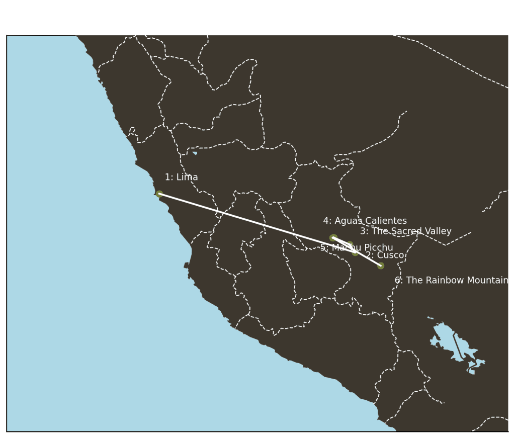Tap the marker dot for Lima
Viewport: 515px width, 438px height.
tap(159, 194)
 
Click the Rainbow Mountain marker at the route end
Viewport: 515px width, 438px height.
tap(381, 266)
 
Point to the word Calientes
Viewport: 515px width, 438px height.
tap(386, 221)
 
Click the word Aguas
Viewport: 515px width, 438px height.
tap(348, 221)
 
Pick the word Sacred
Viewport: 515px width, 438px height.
tap(406, 232)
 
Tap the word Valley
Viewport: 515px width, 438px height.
tap(438, 232)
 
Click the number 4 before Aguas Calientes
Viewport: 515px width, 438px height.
tap(326, 221)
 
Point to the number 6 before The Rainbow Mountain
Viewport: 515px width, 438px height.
tap(397, 281)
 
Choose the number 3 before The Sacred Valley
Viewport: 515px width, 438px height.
tap(363, 232)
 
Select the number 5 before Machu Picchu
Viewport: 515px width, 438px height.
tap(323, 248)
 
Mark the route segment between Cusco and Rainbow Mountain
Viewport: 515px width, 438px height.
tap(369, 259)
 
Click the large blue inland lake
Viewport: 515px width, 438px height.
tap(445, 337)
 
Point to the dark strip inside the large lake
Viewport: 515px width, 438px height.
tap(458, 346)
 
